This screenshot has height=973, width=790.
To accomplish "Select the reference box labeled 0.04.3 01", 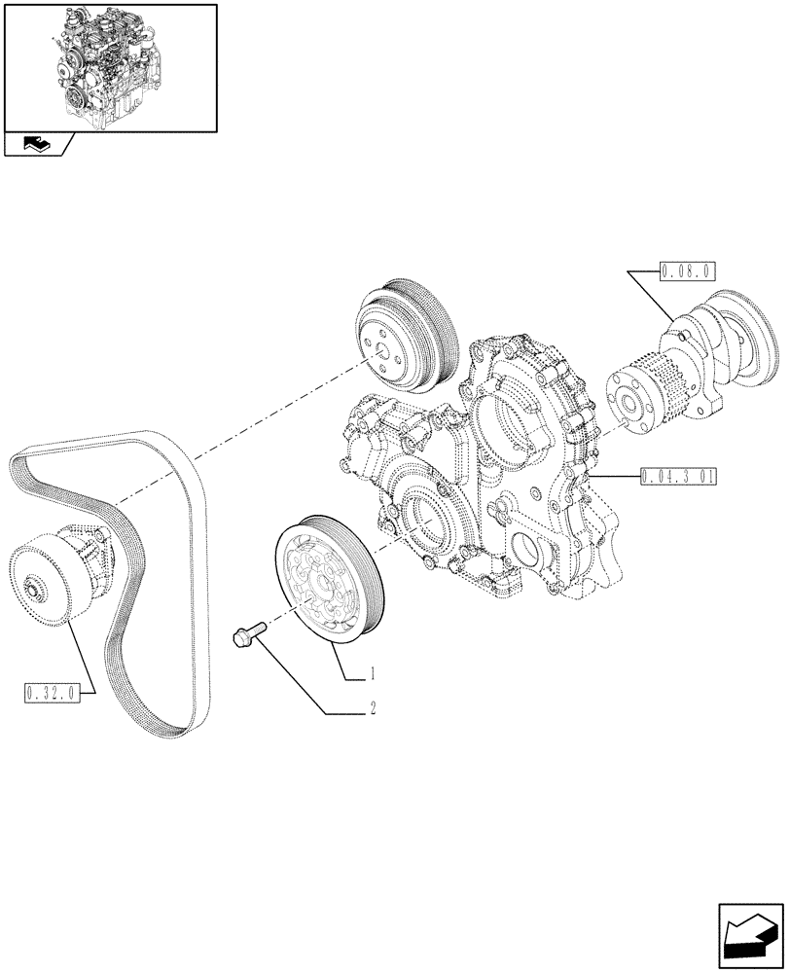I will pyautogui.click(x=679, y=477).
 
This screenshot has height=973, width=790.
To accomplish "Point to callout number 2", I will pyautogui.click(x=372, y=709).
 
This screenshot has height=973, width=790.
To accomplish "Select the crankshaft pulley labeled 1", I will pyautogui.click(x=331, y=584).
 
